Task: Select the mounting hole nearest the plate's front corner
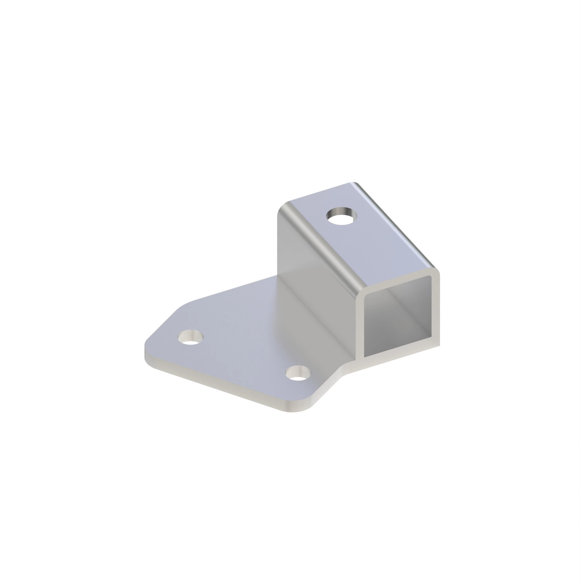coord(298,374)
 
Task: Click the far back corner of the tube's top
coord(354,184)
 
